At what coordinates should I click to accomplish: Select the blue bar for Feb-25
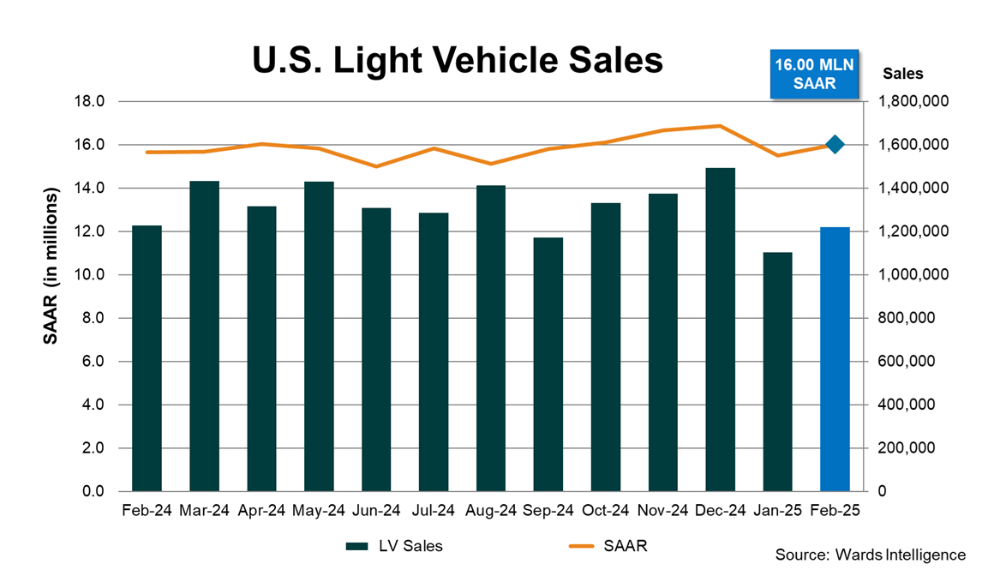click(835, 360)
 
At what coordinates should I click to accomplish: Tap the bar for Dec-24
click(720, 330)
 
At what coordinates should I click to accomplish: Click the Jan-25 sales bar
click(777, 372)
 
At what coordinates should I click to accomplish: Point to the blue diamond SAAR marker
click(835, 145)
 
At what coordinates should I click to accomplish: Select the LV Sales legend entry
click(394, 546)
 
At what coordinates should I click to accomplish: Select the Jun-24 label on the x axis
click(376, 510)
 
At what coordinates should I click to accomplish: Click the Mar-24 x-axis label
click(204, 510)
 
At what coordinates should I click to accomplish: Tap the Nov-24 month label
click(662, 510)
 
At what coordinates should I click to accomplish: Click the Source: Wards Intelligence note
click(870, 555)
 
